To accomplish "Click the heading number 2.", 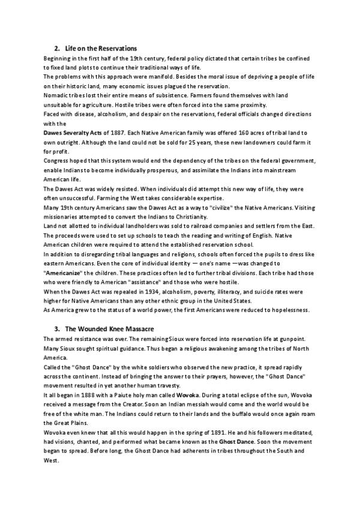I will coord(56,48).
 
